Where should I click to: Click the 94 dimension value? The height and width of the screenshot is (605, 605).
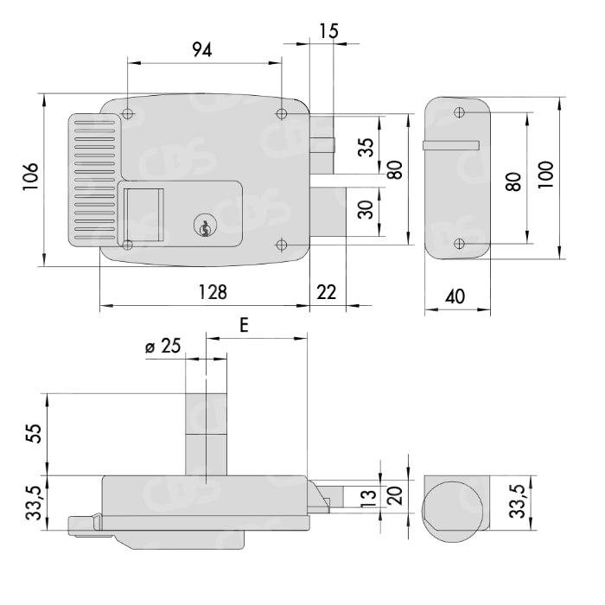pyautogui.click(x=201, y=50)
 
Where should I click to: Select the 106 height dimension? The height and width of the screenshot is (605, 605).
pyautogui.click(x=29, y=179)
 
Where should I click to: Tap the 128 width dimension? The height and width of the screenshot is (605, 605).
pyautogui.click(x=208, y=292)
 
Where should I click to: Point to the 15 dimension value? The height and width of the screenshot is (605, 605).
pyautogui.click(x=328, y=30)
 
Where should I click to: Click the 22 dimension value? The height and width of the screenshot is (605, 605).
pyautogui.click(x=327, y=292)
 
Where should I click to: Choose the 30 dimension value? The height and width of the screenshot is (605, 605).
pyautogui.click(x=366, y=209)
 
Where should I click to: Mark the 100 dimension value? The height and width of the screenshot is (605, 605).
pyautogui.click(x=544, y=179)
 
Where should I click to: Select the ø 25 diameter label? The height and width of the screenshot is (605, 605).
pyautogui.click(x=163, y=347)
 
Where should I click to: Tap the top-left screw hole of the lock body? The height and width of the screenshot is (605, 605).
pyautogui.click(x=128, y=114)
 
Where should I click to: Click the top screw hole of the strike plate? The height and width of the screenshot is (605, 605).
pyautogui.click(x=459, y=112)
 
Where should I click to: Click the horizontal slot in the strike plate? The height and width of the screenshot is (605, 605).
pyautogui.click(x=451, y=145)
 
